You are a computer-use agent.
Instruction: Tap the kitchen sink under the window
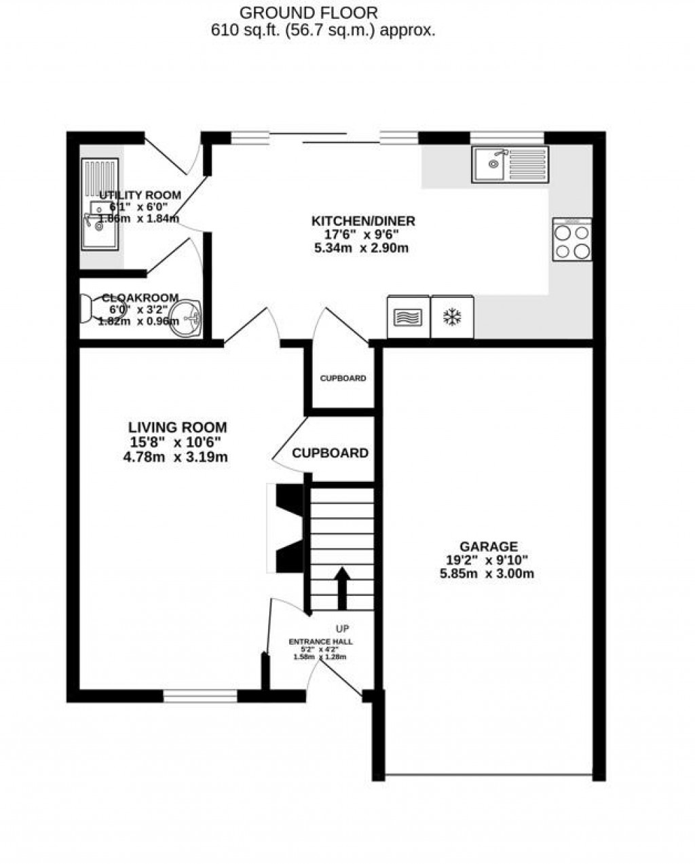click(x=510, y=164)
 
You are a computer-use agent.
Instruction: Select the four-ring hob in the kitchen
click(x=572, y=240)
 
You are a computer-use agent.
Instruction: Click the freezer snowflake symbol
click(x=451, y=316)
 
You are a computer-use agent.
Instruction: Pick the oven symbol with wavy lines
click(x=407, y=317)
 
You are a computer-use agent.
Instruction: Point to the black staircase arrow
click(x=342, y=588)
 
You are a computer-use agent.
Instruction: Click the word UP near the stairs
click(x=343, y=628)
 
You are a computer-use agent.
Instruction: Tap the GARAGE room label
click(x=489, y=546)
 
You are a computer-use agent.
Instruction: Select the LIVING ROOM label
click(x=178, y=428)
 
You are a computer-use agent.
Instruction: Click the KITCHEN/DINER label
click(x=363, y=221)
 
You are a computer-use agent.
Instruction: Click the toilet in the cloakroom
click(x=86, y=309)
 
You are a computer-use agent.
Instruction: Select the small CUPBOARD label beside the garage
click(x=343, y=378)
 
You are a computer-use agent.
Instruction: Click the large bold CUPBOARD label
click(x=331, y=453)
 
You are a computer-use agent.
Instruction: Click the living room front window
click(x=200, y=696)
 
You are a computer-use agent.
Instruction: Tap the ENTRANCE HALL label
click(x=321, y=641)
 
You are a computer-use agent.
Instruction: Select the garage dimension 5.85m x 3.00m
click(x=487, y=574)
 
